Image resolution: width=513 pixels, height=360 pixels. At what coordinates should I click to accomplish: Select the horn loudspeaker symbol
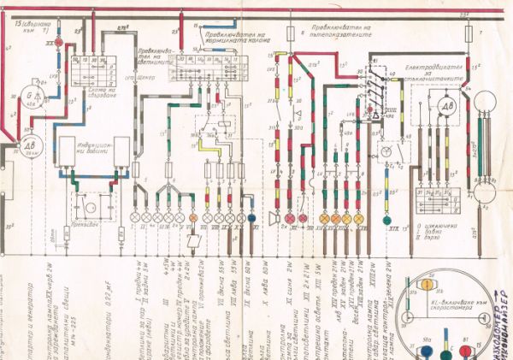273,217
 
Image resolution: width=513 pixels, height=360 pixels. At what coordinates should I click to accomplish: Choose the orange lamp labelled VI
193,218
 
